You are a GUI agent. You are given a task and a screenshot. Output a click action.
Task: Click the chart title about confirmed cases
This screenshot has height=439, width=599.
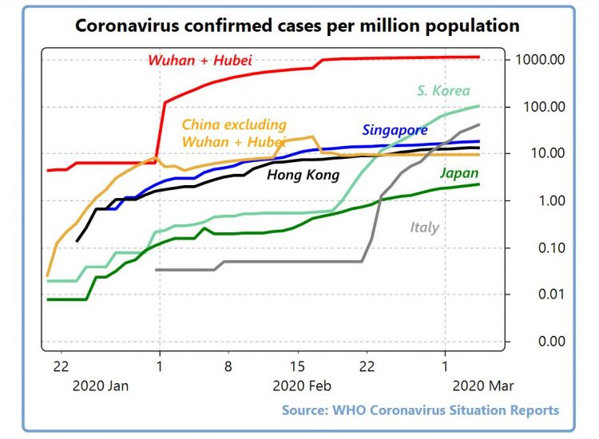click(297, 26)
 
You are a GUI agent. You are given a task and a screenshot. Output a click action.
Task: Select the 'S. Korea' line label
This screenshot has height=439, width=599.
click(443, 90)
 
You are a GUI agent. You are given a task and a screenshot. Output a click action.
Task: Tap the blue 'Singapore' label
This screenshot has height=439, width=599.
click(395, 129)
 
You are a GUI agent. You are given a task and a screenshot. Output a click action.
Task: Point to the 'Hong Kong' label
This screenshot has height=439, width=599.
click(303, 175)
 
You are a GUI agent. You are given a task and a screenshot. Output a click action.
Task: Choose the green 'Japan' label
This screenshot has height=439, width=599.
click(460, 172)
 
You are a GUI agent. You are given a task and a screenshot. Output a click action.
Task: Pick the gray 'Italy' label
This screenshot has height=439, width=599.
click(424, 227)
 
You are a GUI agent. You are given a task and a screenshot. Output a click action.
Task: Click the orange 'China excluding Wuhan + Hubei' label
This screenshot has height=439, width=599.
click(234, 132)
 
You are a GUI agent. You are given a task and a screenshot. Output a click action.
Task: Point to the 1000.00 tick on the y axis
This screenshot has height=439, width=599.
click(540, 60)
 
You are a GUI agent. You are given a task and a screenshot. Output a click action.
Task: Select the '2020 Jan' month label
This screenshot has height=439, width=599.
click(101, 386)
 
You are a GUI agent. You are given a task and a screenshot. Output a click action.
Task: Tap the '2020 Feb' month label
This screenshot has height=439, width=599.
click(302, 386)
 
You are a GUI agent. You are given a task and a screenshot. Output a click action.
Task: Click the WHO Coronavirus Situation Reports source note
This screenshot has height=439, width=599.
click(420, 410)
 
